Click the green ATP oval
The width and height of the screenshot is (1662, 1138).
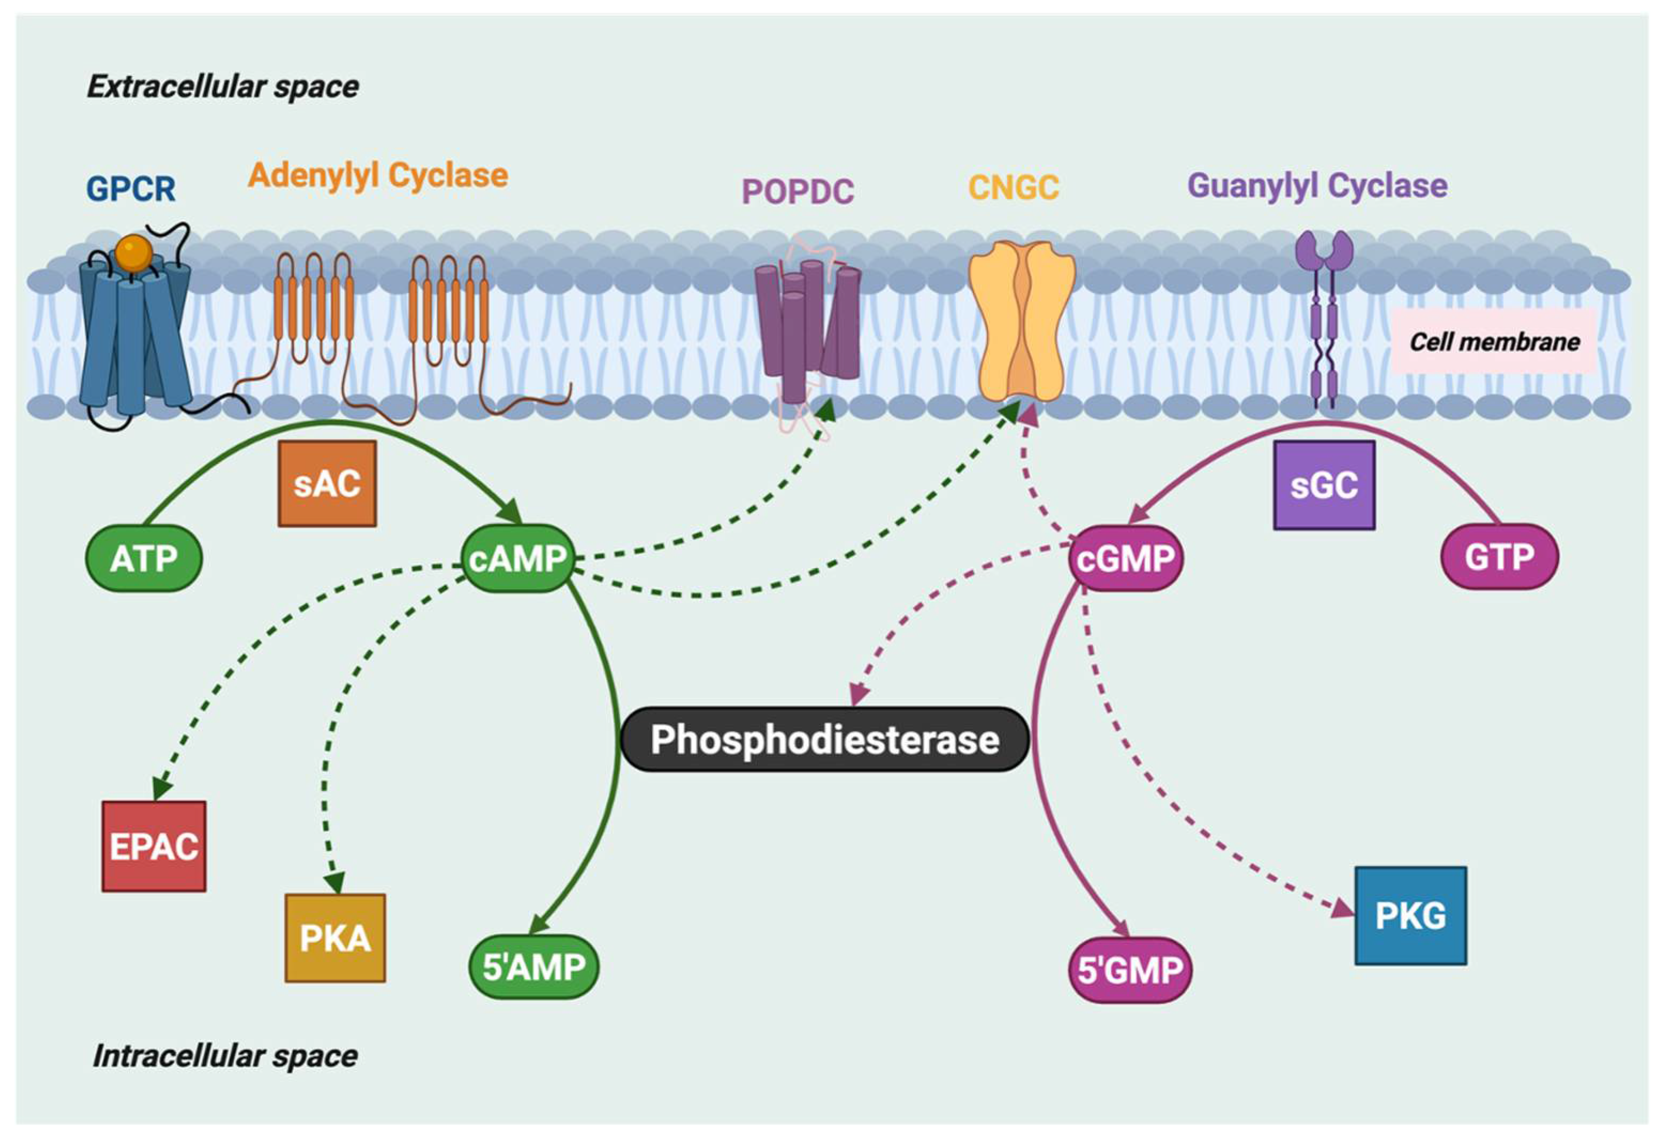(x=144, y=558)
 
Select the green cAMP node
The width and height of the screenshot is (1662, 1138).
(x=518, y=558)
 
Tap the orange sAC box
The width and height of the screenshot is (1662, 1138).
(x=327, y=484)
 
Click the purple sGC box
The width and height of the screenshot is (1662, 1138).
(x=1324, y=485)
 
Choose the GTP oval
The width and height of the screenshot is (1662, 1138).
(x=1499, y=557)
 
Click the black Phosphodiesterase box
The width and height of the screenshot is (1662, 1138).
(x=824, y=739)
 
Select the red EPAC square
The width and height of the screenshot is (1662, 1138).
(x=154, y=846)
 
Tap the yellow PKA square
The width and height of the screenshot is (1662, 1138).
(x=335, y=938)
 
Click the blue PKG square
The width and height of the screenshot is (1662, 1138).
(x=1410, y=916)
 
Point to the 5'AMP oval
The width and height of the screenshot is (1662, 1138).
(x=534, y=966)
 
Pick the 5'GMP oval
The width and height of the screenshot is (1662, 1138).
(x=1130, y=970)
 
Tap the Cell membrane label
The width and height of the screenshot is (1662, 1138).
(x=1494, y=342)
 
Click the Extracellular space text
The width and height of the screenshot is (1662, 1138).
(x=222, y=87)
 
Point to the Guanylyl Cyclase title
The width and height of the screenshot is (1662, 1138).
(x=1317, y=186)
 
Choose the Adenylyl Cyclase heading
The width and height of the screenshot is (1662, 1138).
(x=377, y=175)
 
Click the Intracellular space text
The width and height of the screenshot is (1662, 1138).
(x=225, y=1056)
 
